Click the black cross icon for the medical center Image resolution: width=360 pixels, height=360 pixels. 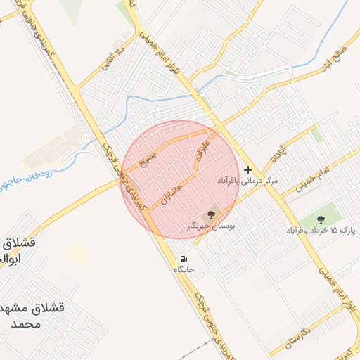point(247,169)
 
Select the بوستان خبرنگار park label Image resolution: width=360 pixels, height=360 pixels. point(211,226)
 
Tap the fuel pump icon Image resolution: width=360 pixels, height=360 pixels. point(184,258)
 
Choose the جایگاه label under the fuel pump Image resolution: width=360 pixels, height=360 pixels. point(184,269)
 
